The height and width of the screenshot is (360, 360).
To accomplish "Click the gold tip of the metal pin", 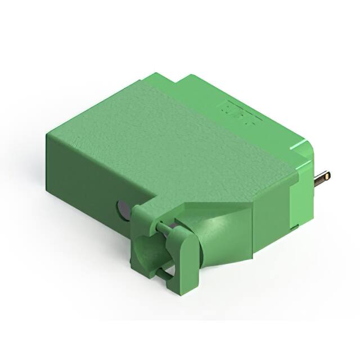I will pyautogui.click(x=327, y=177).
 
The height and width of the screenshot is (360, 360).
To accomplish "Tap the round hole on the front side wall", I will pyautogui.click(x=123, y=210).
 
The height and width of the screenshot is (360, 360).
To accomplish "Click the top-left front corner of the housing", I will pyautogui.click(x=48, y=134).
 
